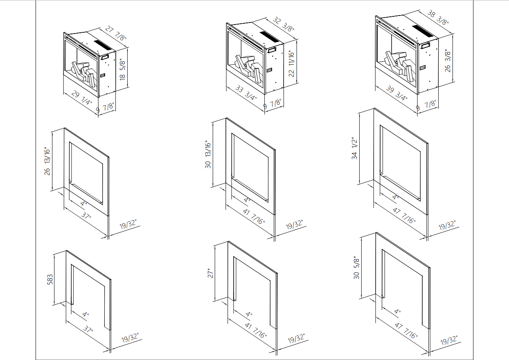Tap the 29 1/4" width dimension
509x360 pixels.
coord(82,98)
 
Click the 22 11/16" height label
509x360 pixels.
coord(292,64)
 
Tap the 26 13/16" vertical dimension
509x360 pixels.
coord(47,161)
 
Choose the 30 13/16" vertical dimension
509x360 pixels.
coord(208,154)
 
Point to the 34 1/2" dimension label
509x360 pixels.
coord(355,148)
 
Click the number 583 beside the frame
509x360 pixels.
coord(50,280)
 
